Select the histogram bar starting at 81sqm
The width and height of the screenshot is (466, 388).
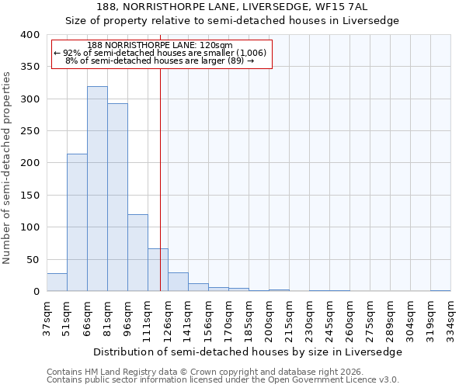point(117,197)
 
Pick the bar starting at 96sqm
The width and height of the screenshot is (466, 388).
point(137,253)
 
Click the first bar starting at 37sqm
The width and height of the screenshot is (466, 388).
point(57,282)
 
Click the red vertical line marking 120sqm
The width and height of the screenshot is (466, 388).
point(160,155)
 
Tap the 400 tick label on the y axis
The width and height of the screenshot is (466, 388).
point(30,35)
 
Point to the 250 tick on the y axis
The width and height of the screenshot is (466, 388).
point(30,131)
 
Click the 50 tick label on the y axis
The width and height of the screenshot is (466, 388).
point(33,259)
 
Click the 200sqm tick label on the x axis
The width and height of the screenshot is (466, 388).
point(269,317)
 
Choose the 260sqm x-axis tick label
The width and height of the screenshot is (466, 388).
point(349,317)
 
